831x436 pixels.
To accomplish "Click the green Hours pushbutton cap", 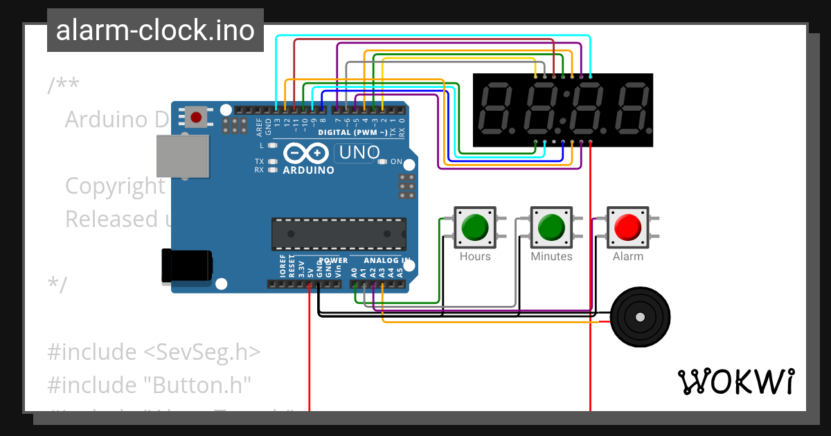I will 475,227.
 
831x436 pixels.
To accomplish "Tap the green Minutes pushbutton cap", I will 551,227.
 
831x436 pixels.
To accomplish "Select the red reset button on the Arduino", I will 196,117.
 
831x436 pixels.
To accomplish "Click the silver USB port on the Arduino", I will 181,156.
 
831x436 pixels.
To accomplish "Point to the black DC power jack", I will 186,266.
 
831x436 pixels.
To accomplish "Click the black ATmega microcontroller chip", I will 339,233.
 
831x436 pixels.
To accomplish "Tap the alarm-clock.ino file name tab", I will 155,30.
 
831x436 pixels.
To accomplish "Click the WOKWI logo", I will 735,381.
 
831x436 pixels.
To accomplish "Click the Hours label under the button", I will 475,257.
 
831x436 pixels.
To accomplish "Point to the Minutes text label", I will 551,257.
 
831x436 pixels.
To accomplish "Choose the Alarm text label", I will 628,257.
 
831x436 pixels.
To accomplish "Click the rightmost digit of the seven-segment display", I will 631,109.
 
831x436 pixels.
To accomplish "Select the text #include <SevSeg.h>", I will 154,352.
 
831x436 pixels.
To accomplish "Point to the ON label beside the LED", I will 396,162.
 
